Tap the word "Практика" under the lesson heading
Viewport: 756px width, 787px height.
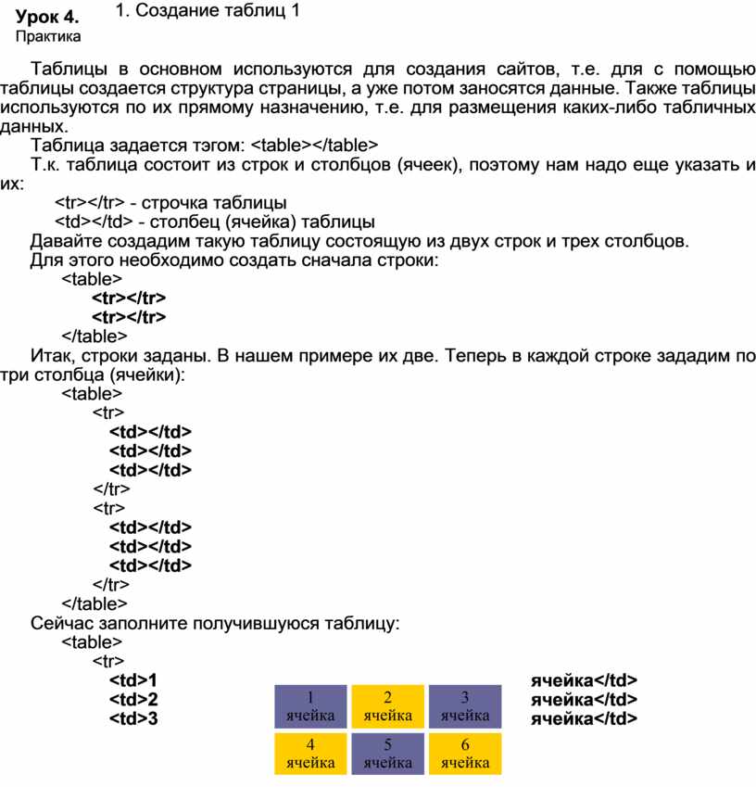[x=49, y=37]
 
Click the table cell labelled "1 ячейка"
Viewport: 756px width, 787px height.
[x=310, y=706]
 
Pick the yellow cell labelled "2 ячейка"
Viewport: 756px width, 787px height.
[x=388, y=706]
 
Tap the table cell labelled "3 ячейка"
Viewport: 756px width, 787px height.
[x=465, y=706]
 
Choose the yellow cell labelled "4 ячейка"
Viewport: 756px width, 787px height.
[x=310, y=754]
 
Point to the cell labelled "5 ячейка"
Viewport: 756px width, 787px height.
[x=388, y=754]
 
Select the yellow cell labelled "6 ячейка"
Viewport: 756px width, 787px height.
[x=465, y=754]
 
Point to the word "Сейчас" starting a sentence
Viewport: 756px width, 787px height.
[x=60, y=622]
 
